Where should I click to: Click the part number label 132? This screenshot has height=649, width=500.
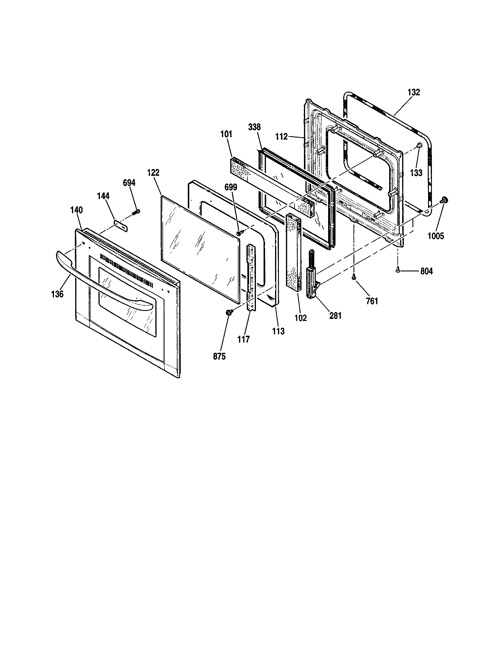(x=414, y=92)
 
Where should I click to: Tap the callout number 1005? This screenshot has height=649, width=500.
(x=435, y=236)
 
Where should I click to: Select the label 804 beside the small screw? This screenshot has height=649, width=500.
(x=426, y=271)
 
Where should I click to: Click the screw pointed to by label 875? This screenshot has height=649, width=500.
(x=229, y=312)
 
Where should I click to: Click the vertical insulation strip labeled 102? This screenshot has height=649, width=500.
(x=293, y=253)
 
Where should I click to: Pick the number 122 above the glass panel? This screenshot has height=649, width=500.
(x=153, y=173)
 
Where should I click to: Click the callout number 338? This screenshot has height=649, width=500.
(x=254, y=127)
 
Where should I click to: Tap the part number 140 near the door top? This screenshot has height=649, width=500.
(x=76, y=210)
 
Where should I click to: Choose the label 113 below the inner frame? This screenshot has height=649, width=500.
(x=278, y=331)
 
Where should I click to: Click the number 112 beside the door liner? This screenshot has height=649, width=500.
(x=281, y=137)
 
